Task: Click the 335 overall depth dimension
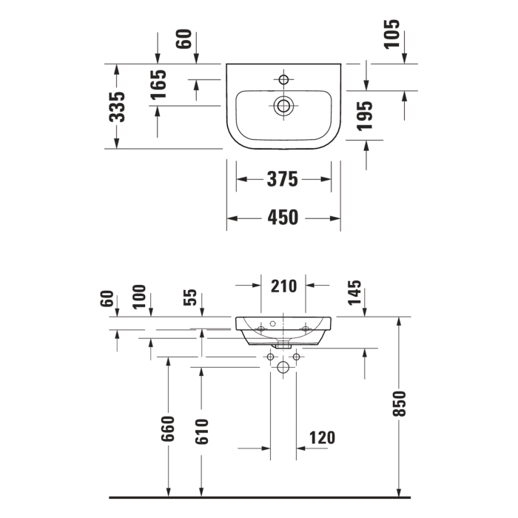point(117,107)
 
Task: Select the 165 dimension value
point(158,84)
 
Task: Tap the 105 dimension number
point(392,34)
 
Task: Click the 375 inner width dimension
point(283,179)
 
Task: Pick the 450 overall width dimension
point(283,218)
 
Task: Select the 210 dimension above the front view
point(283,286)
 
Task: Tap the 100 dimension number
point(140,297)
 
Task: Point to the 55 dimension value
point(190,297)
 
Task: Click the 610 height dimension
point(201,431)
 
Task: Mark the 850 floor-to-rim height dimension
point(400,403)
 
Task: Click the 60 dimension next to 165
point(184,39)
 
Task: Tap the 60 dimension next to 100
point(108,300)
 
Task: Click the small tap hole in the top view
point(283,78)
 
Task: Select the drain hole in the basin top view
point(283,106)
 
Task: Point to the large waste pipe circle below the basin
point(283,368)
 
